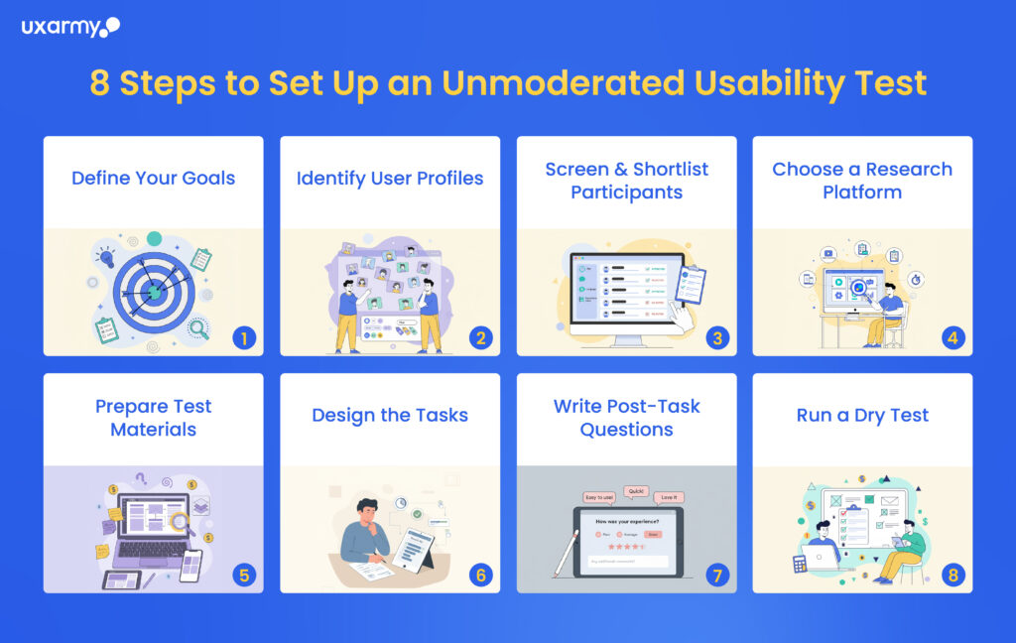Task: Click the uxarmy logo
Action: click(70, 27)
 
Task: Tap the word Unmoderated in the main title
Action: click(563, 83)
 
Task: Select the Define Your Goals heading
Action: click(153, 179)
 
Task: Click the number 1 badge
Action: click(244, 337)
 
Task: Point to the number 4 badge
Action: click(953, 337)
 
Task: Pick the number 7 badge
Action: click(717, 575)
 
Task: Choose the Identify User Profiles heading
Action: click(390, 179)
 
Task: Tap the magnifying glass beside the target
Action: click(198, 327)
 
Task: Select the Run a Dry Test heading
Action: click(862, 416)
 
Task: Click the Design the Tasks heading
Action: click(390, 416)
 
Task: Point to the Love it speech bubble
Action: click(670, 496)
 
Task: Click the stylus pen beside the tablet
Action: click(567, 552)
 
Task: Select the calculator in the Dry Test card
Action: click(800, 564)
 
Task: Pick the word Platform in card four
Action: click(862, 192)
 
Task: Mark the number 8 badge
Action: click(953, 575)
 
